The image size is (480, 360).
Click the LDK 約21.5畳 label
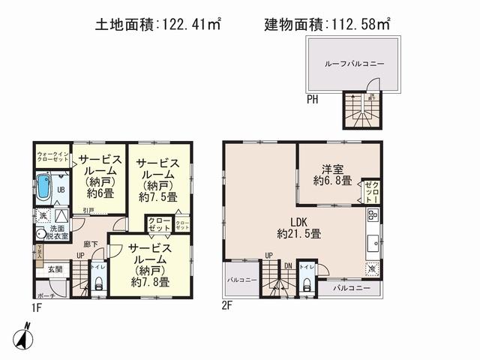298,226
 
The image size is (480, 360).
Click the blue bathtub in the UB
43,188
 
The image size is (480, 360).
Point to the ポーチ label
44,295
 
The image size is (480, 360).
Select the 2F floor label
226,306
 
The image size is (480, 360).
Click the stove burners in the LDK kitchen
373,217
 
